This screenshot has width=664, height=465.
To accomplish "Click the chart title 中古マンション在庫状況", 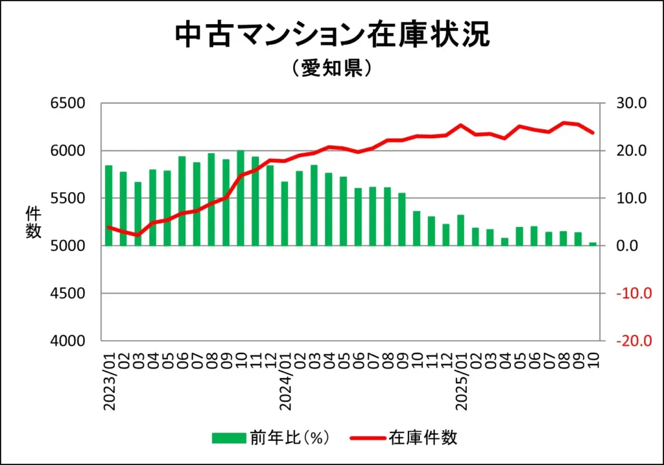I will [x=332, y=35].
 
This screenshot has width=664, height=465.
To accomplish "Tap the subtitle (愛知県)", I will [x=331, y=68].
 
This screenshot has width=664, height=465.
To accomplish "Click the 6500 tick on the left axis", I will [x=67, y=103].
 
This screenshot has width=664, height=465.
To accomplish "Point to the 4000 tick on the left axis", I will [x=67, y=340].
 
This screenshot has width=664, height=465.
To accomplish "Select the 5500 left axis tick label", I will [x=67, y=198].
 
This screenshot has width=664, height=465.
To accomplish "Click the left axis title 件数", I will [x=33, y=222].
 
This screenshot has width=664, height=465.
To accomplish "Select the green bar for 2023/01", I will [x=109, y=206].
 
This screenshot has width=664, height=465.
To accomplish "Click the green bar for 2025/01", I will [x=461, y=230].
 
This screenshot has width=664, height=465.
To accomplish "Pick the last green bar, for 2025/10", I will [x=593, y=244].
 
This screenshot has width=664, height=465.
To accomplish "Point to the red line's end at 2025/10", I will [x=593, y=133].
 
